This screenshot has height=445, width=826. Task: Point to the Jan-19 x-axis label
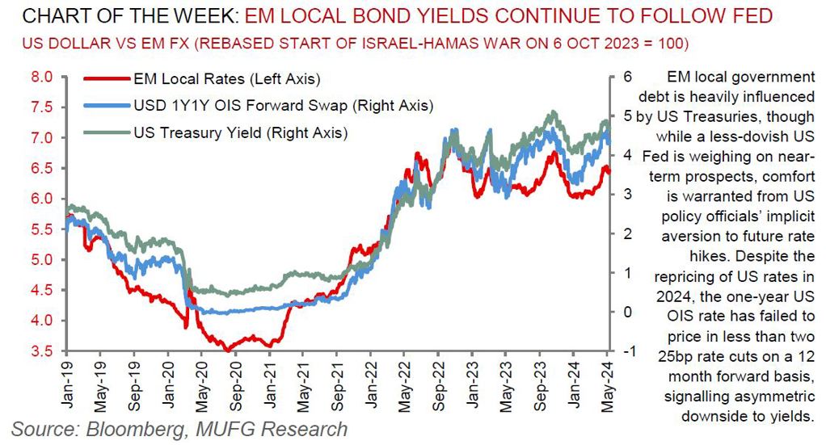click(66, 379)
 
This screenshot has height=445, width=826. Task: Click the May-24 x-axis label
click(609, 379)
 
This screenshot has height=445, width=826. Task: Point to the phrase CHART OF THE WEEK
click(121, 15)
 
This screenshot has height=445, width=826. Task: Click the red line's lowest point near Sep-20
click(229, 350)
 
